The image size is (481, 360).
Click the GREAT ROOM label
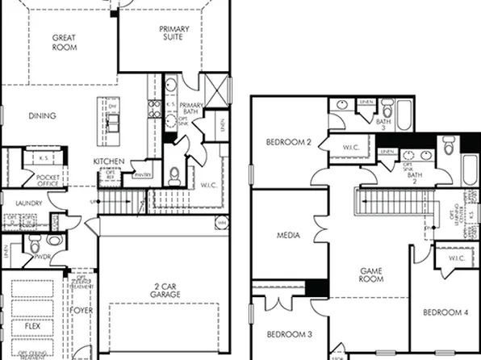65,42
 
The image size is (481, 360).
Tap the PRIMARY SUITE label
174,34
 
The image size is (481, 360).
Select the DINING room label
42,116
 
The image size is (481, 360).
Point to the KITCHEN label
109,161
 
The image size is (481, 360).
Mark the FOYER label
82,309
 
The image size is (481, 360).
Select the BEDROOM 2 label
288,143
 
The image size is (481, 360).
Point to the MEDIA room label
288,237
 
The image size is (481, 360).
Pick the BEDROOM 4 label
444,312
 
